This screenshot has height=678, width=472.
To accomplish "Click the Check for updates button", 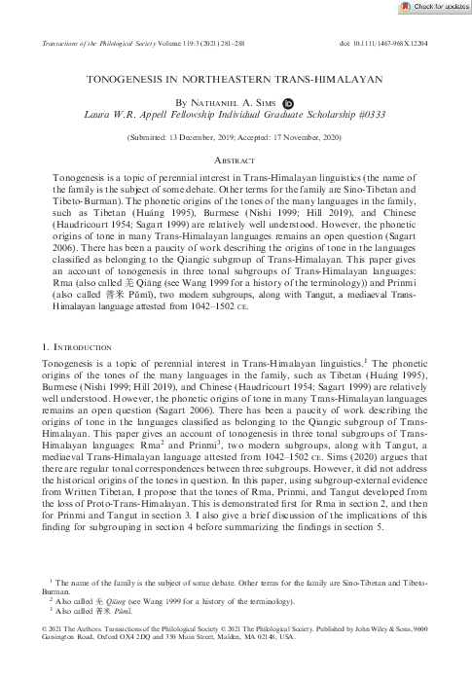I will pyautogui.click(x=434, y=7).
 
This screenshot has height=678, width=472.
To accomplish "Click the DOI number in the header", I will pyautogui.click(x=405, y=43).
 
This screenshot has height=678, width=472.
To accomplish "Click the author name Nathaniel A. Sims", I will pyautogui.click(x=234, y=100).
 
